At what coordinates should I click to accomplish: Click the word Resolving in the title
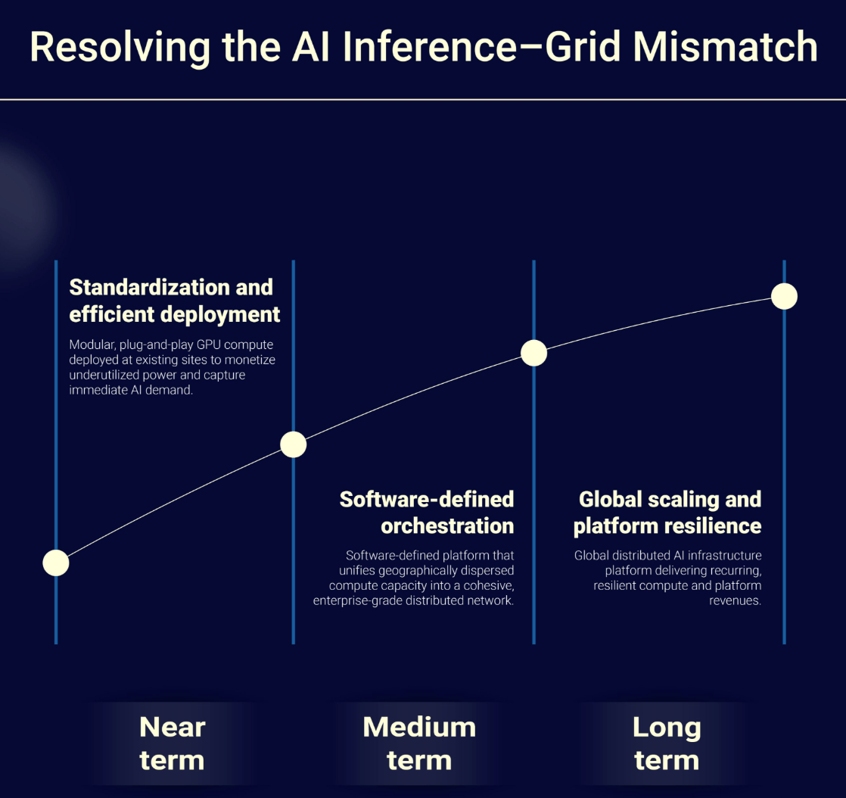click(120, 48)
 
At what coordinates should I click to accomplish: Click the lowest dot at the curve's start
click(56, 563)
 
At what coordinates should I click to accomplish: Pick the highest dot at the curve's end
click(784, 297)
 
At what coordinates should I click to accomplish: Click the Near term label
click(172, 743)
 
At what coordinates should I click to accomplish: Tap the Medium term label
click(419, 743)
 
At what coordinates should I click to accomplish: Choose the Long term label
click(667, 743)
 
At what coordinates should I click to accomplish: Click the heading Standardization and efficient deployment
click(174, 301)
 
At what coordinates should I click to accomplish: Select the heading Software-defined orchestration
click(426, 513)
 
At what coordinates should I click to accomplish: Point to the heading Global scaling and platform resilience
click(667, 513)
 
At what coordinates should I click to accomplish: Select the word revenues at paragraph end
click(735, 601)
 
